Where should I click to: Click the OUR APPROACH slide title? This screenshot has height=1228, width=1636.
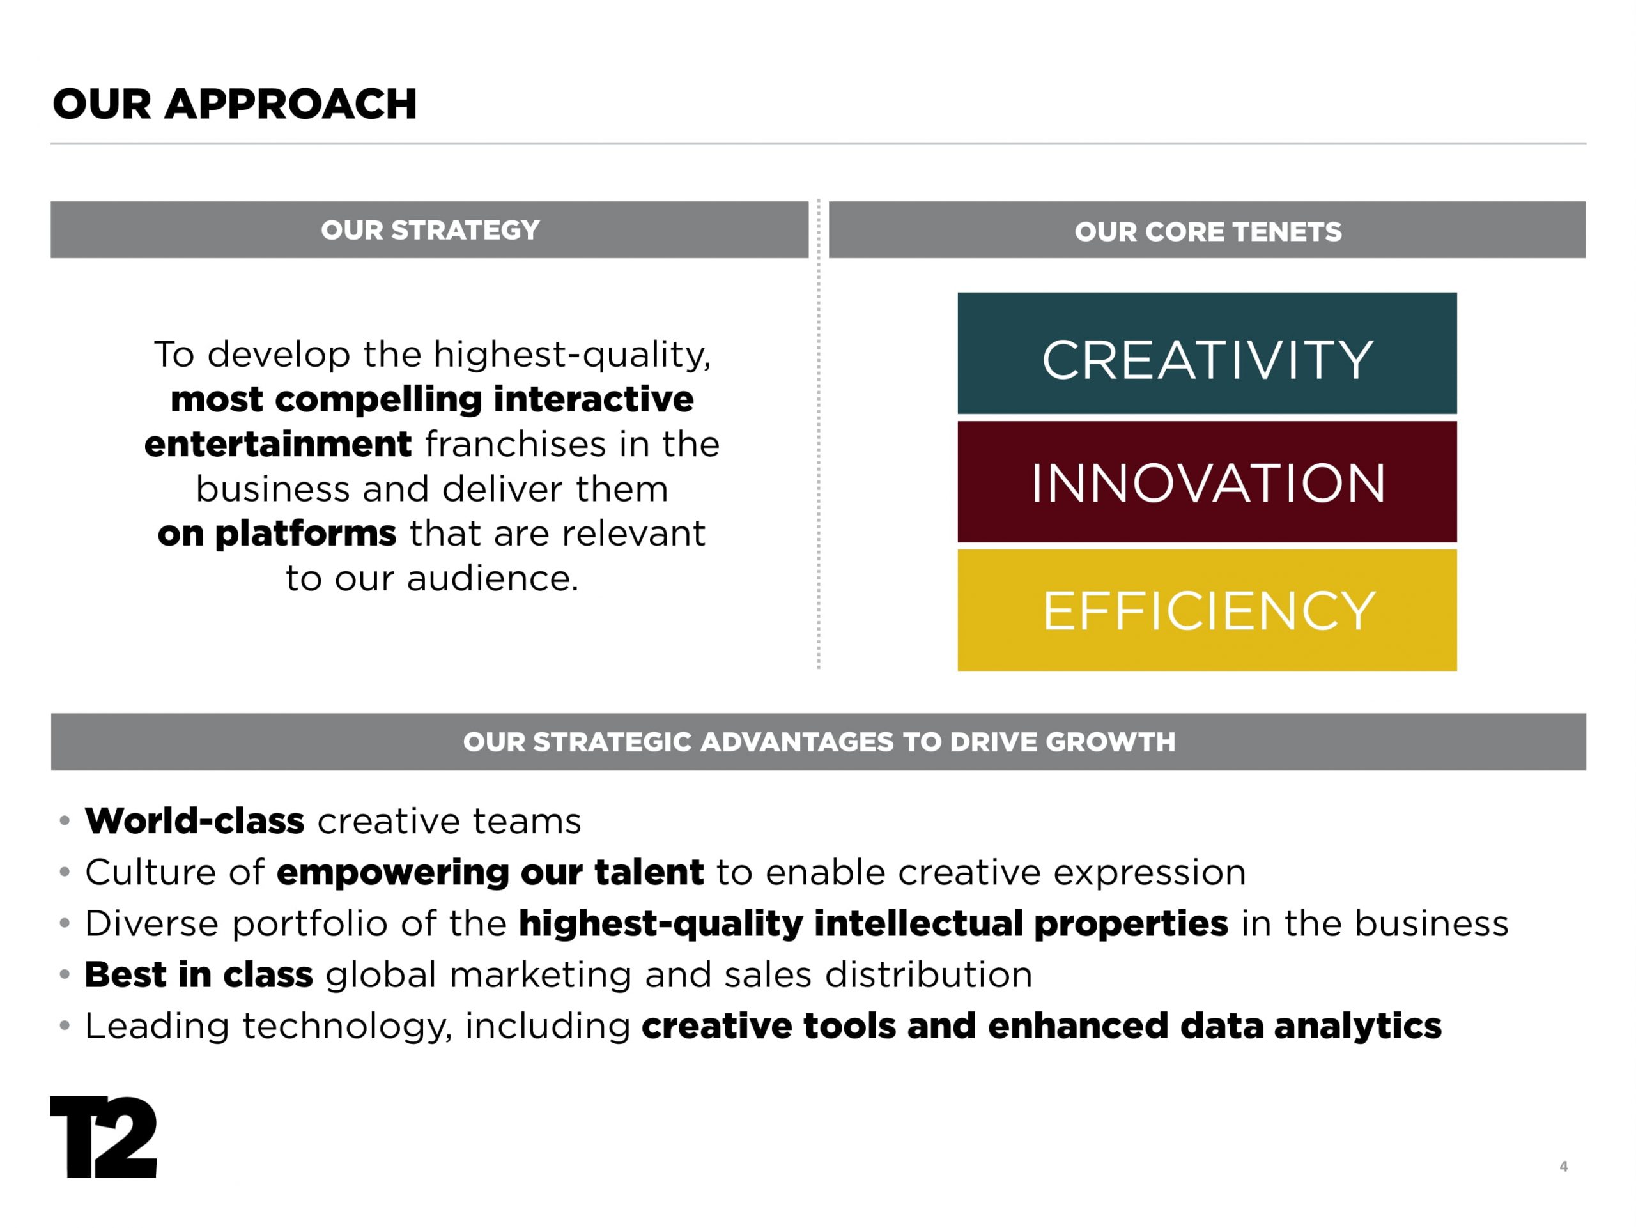[235, 104]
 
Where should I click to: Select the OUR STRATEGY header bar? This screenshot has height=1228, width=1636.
[429, 230]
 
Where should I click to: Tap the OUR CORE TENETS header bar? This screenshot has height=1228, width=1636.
[1207, 230]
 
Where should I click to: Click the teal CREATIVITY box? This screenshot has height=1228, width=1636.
[1207, 353]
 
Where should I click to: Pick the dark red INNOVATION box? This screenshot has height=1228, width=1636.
[1207, 482]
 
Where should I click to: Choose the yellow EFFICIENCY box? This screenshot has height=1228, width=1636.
[1207, 610]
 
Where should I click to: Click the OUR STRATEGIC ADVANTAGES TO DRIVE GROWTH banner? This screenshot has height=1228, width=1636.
[819, 742]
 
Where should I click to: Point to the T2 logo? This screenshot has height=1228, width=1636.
[104, 1137]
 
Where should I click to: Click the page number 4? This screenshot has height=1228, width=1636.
[1564, 1167]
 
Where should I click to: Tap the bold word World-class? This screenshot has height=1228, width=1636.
[194, 820]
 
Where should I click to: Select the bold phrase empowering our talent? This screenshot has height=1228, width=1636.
[490, 872]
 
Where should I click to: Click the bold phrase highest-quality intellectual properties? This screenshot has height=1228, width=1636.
[874, 924]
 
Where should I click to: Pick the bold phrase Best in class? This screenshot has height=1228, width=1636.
[199, 974]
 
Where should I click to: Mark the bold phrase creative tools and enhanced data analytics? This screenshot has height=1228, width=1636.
[1042, 1026]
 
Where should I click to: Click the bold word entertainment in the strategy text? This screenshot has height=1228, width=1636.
[278, 444]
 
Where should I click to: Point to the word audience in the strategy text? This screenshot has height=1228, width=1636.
[492, 579]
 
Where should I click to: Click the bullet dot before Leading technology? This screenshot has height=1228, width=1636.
[65, 1026]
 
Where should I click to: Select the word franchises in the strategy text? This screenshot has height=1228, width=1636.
[516, 444]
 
